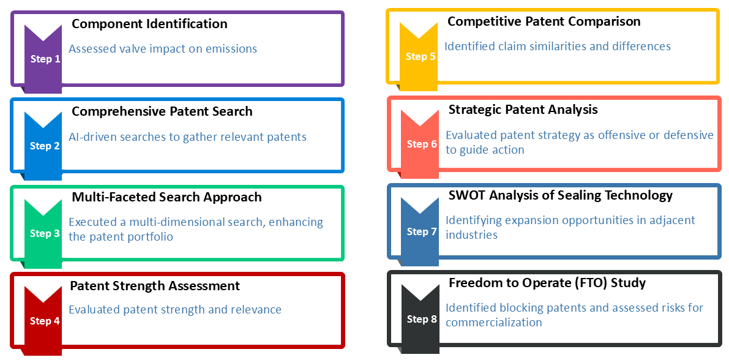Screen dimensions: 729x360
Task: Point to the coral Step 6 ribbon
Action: pyautogui.click(x=420, y=144)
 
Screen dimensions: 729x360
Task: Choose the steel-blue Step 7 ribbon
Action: pyautogui.click(x=420, y=231)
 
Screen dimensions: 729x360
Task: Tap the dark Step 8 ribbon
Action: pyautogui.click(x=420, y=319)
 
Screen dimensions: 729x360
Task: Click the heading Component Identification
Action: pyautogui.click(x=149, y=24)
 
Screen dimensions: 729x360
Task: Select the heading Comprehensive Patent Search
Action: pyautogui.click(x=162, y=111)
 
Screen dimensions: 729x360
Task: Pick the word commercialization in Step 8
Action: pyautogui.click(x=494, y=322)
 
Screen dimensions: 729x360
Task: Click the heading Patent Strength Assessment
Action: pyautogui.click(x=155, y=285)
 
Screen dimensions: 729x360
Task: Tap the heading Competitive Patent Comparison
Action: pyautogui.click(x=544, y=22)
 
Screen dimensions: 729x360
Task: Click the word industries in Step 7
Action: pyautogui.click(x=471, y=235)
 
